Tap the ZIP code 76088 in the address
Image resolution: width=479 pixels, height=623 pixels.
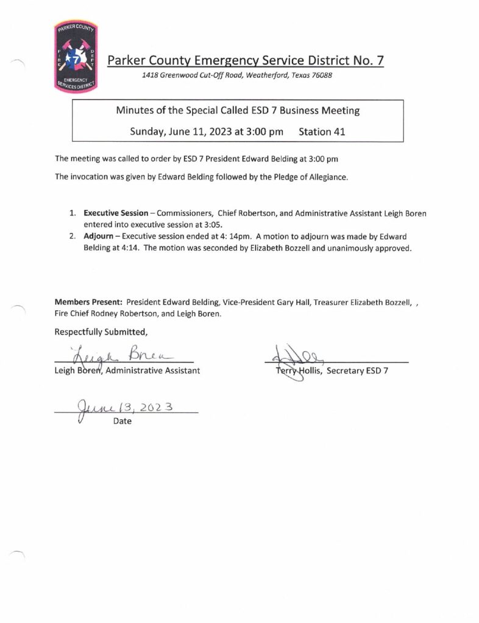pos(320,75)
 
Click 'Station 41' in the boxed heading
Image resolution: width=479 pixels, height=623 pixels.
pos(322,131)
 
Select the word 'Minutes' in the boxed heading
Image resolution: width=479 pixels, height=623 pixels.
pos(135,111)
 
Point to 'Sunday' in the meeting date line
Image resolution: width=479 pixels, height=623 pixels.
pos(149,131)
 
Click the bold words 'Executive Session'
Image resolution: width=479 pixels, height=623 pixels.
pos(116,214)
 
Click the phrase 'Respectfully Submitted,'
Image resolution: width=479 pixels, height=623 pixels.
pos(101,332)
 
